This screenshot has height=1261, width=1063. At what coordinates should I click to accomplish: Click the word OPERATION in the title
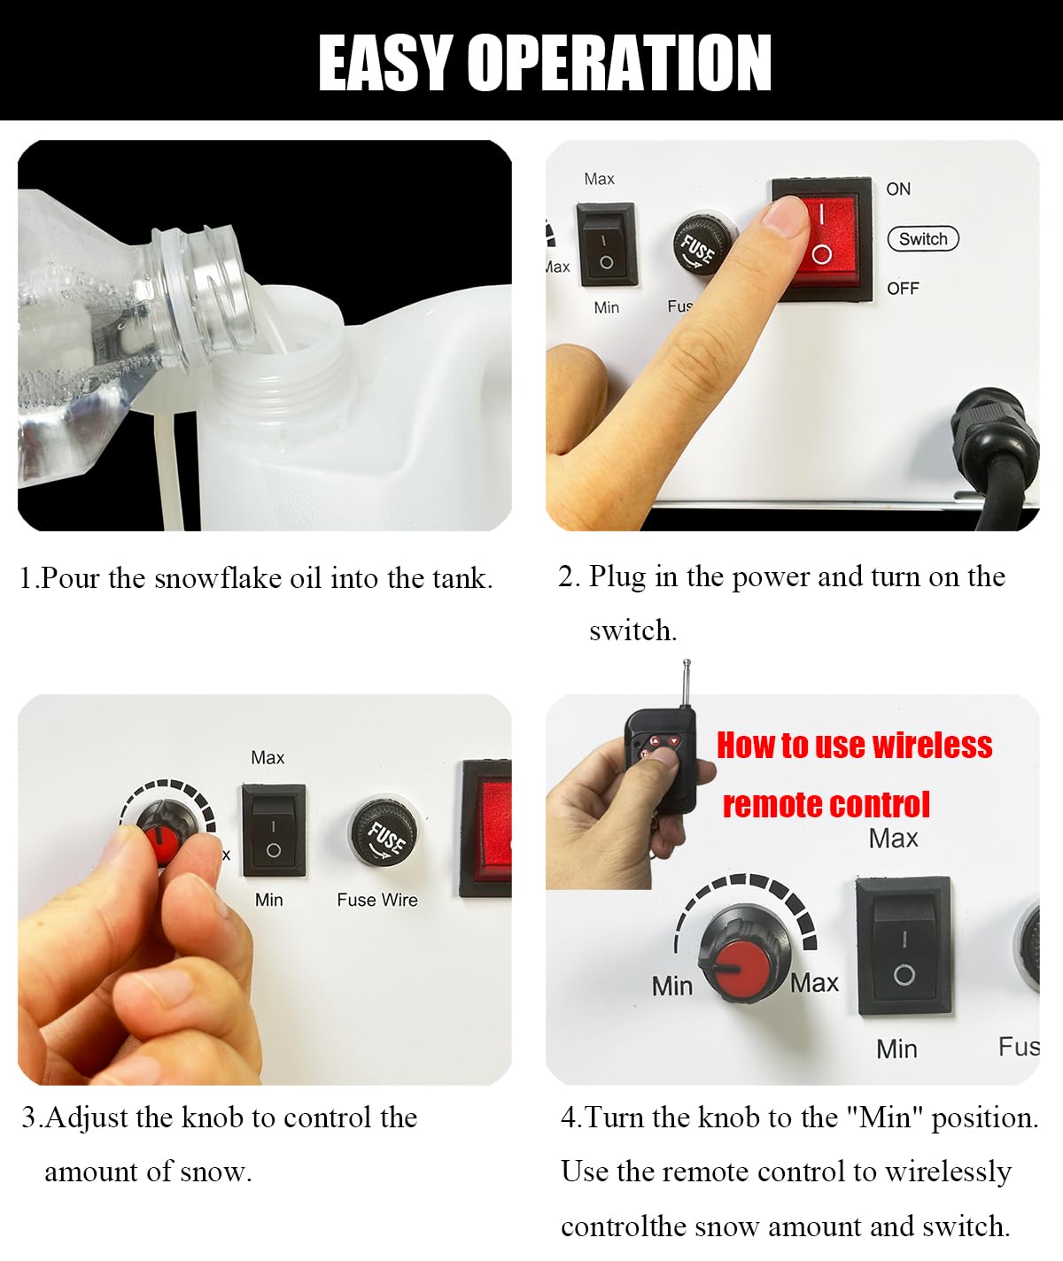[x=620, y=62]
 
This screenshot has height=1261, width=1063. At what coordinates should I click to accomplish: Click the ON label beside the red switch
[x=898, y=189]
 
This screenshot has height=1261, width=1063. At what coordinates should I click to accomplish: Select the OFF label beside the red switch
[x=903, y=289]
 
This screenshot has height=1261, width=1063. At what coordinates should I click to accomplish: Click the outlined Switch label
[x=923, y=238]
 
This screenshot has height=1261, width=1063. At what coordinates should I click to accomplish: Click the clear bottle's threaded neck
[x=199, y=296]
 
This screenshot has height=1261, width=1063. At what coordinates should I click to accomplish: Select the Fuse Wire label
[x=377, y=900]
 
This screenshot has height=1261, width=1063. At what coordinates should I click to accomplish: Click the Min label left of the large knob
[x=672, y=986]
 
